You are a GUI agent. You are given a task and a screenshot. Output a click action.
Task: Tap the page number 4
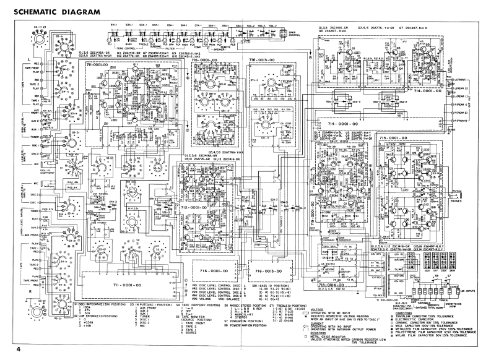(x=19, y=350)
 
